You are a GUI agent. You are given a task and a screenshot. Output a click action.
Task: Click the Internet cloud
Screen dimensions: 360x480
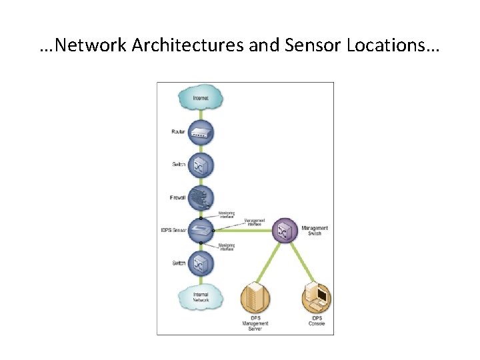[x=200, y=99]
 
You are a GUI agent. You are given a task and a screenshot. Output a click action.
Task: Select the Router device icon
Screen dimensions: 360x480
[x=201, y=132]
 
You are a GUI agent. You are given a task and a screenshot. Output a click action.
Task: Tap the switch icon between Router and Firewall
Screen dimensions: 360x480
[x=201, y=165]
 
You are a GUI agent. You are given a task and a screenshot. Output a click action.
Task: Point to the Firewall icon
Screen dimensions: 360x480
[x=201, y=197]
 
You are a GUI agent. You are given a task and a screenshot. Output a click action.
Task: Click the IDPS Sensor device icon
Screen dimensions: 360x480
[x=201, y=231]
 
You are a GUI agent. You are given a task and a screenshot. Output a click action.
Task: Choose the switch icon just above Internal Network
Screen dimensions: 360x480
[x=201, y=263]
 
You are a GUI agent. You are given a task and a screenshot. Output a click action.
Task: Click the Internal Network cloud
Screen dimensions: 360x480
[x=200, y=298]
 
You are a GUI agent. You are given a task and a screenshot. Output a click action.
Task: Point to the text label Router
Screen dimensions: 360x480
[x=178, y=132]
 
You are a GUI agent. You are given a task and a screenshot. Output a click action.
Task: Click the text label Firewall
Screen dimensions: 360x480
[x=178, y=197]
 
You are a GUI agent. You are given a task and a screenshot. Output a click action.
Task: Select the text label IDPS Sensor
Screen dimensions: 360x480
[x=174, y=231]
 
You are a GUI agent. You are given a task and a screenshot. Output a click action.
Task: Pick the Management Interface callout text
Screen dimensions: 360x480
[x=255, y=223]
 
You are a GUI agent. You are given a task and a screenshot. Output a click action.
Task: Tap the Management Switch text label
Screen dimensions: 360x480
[x=315, y=231]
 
